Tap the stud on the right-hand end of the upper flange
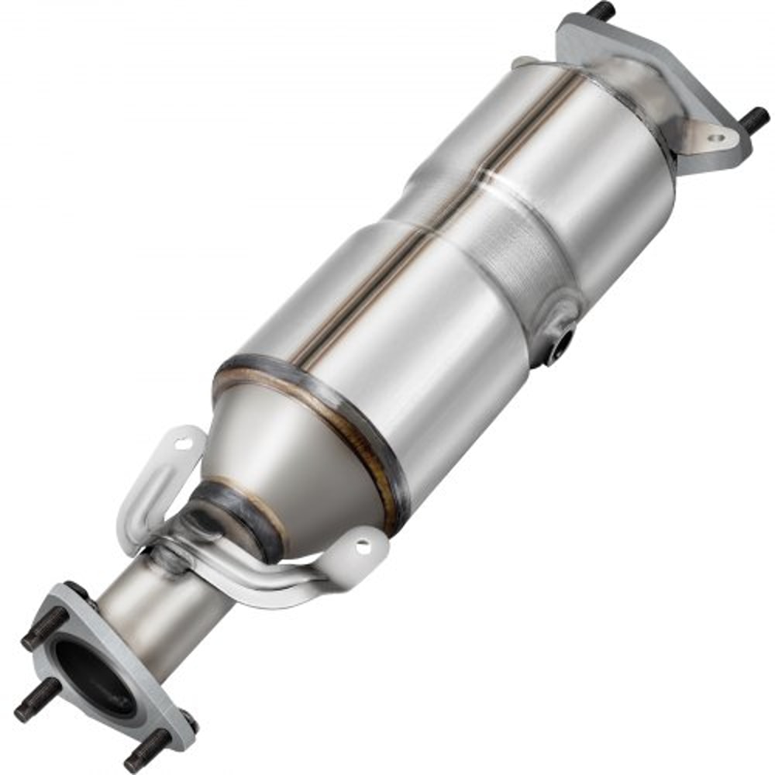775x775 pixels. point(754,119)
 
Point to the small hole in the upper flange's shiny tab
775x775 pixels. point(716,138)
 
